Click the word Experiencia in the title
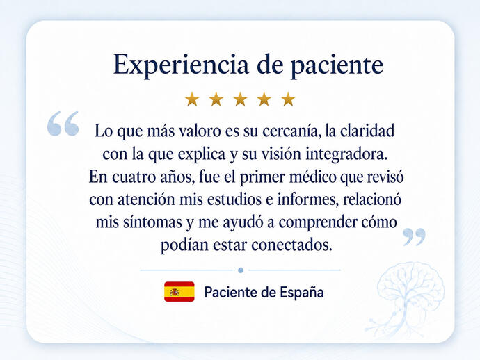(181, 65)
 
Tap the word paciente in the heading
(337, 65)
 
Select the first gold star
(192, 99)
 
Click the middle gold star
(240, 99)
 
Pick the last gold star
(288, 99)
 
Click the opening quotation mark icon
(63, 123)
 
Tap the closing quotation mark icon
(414, 237)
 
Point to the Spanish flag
(179, 291)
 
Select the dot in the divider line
(241, 270)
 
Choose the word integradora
(346, 154)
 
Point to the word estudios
(234, 199)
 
